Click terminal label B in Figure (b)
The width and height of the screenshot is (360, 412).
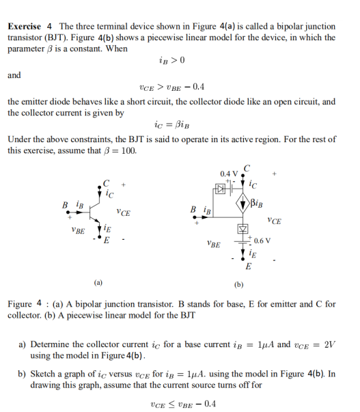coord(194,210)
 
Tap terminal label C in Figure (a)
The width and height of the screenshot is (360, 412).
coord(106,183)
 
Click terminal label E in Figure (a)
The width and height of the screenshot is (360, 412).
coord(106,239)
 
